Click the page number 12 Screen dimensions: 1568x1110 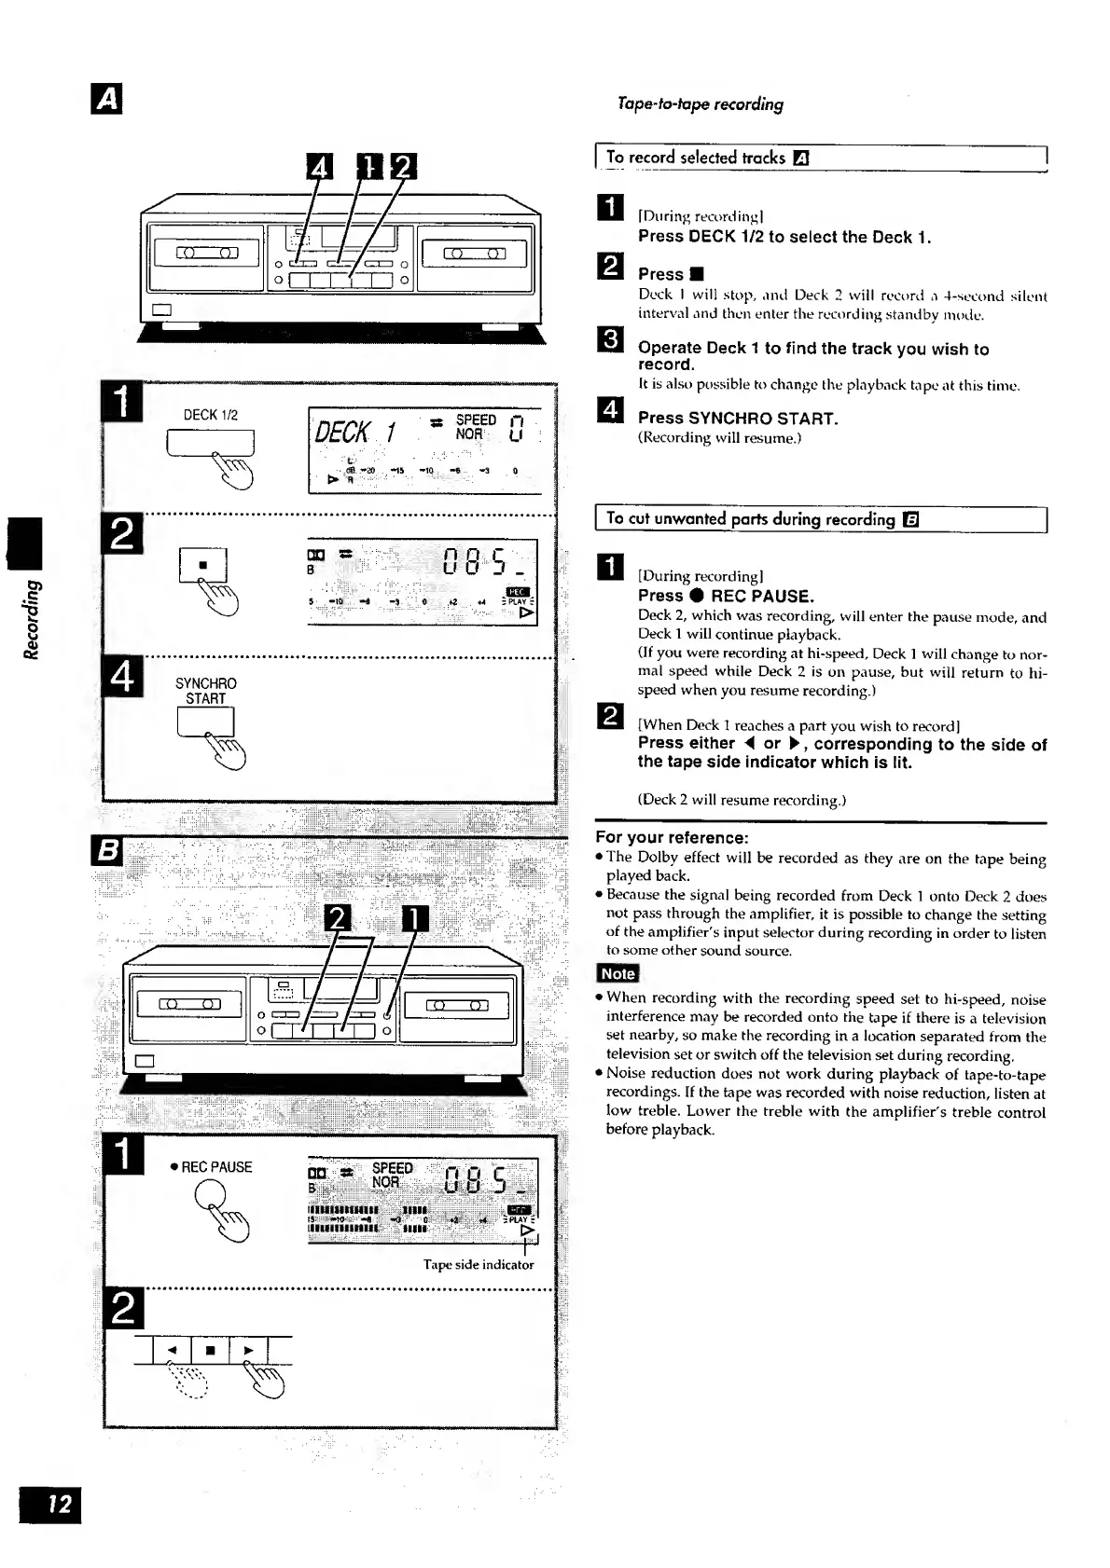pyautogui.click(x=49, y=1504)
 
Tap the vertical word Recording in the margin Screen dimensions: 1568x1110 pyautogui.click(x=32, y=619)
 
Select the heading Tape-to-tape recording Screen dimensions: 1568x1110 pyautogui.click(x=700, y=103)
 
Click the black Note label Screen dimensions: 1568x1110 pyautogui.click(x=617, y=973)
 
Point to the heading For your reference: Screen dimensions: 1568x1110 pyautogui.click(x=672, y=837)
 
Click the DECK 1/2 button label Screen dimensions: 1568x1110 pyautogui.click(x=210, y=415)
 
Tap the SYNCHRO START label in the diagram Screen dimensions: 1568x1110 pyautogui.click(x=205, y=691)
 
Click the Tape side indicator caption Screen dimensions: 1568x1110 pyautogui.click(x=479, y=1265)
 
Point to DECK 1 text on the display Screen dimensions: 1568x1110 pyautogui.click(x=357, y=433)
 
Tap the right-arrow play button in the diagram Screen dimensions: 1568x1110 pyautogui.click(x=248, y=1349)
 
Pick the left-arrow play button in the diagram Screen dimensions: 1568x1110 pyautogui.click(x=172, y=1349)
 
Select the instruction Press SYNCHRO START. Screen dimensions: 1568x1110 pyautogui.click(x=737, y=419)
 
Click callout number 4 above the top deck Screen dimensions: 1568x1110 pyautogui.click(x=320, y=167)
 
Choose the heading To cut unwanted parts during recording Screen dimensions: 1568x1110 pyautogui.click(x=751, y=519)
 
